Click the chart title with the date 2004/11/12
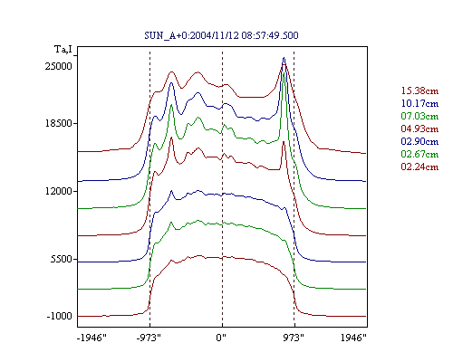click(x=221, y=35)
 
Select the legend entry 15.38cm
click(x=419, y=90)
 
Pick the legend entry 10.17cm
click(x=419, y=103)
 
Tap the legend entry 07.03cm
click(x=419, y=116)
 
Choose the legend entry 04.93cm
click(x=419, y=129)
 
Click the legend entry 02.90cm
click(x=419, y=141)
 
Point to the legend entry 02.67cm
click(x=419, y=154)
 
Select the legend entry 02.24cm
click(x=419, y=167)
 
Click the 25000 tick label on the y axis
click(x=59, y=66)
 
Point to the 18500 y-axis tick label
click(x=59, y=123)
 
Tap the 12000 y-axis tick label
click(x=59, y=191)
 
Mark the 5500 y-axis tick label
click(x=62, y=259)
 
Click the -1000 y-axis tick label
click(x=59, y=316)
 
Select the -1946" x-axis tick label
click(x=92, y=338)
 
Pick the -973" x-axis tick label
click(x=149, y=338)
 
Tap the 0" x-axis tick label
click(x=221, y=338)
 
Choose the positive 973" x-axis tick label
click(x=294, y=338)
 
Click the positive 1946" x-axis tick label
click(x=353, y=338)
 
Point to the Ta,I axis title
click(x=63, y=49)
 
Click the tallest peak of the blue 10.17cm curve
click(x=284, y=58)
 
